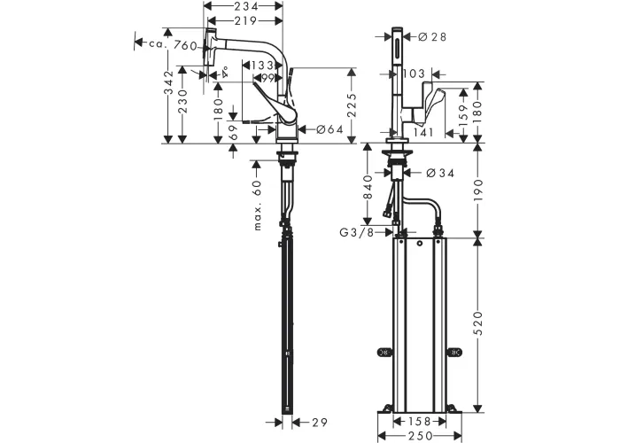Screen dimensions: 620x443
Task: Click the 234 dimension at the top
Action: (x=245, y=6)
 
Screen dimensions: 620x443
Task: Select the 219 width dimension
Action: (x=245, y=20)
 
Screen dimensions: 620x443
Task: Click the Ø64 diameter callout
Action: (x=329, y=129)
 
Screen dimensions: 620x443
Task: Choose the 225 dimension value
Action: (x=352, y=105)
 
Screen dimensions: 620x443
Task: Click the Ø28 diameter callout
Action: (x=432, y=37)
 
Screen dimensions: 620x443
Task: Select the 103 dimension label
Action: (x=414, y=74)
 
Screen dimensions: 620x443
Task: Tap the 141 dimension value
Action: (x=423, y=133)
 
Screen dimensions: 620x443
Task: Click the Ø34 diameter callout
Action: (x=440, y=173)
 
